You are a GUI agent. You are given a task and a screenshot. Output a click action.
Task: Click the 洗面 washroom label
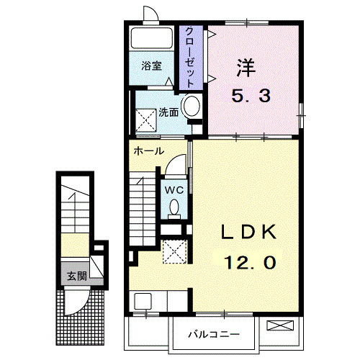[169, 112]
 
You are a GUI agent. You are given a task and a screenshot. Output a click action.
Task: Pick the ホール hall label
[148, 151]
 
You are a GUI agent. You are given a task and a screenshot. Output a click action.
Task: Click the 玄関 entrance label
[77, 276]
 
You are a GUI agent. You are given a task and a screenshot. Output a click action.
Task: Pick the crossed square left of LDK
[174, 253]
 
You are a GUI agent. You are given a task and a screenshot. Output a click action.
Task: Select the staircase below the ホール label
[143, 205]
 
